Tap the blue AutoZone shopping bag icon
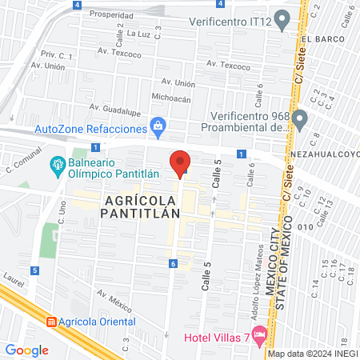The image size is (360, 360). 158,126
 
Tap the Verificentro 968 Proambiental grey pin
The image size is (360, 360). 300,121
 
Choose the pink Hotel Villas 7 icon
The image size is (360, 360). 258,334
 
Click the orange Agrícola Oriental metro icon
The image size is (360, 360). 51,322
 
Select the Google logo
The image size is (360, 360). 26,350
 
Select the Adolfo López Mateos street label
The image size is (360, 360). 254,293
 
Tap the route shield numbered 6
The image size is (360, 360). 172,263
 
